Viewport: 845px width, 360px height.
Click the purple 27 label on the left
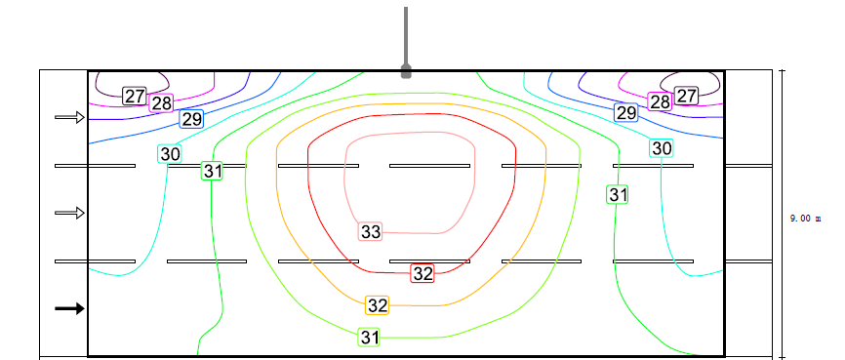pos(135,97)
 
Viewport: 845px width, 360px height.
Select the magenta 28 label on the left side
pos(161,103)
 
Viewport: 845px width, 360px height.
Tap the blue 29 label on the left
pos(191,119)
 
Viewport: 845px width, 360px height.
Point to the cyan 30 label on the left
pos(170,154)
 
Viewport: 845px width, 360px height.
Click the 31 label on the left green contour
pos(213,171)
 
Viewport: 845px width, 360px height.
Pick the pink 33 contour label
pos(370,232)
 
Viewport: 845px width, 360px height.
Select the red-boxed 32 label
pos(422,273)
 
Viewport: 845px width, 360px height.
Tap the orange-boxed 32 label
pos(378,305)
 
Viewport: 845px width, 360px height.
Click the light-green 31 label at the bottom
pos(369,338)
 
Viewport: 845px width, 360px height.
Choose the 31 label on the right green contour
pos(617,194)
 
